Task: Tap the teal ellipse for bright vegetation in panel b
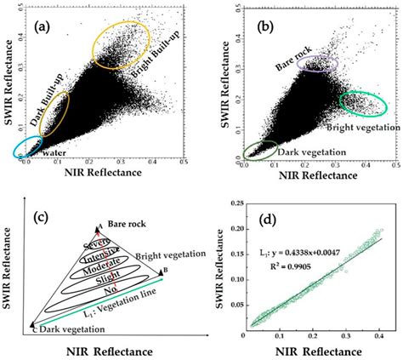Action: click(366, 102)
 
